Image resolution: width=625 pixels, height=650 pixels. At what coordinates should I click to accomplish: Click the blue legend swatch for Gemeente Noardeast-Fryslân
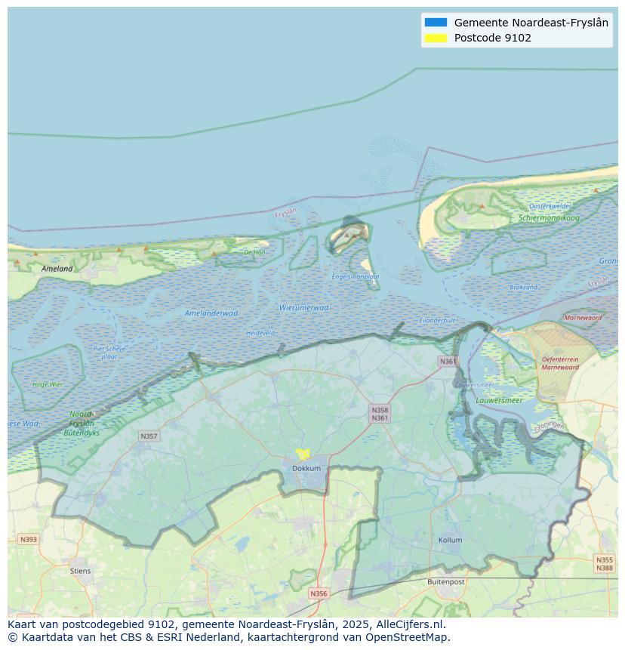click(x=436, y=23)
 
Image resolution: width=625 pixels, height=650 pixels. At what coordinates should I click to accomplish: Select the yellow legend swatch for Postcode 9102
click(x=436, y=38)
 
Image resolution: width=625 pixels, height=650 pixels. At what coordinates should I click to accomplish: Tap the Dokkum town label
click(x=306, y=468)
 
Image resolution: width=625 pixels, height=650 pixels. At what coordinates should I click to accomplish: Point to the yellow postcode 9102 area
click(x=303, y=454)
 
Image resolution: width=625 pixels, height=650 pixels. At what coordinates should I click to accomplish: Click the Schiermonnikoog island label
click(x=549, y=218)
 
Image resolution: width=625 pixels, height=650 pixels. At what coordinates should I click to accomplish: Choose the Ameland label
click(x=57, y=269)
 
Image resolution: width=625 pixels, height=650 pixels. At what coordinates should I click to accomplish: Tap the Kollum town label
click(x=451, y=541)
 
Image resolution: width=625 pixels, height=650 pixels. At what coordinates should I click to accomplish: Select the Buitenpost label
click(x=445, y=582)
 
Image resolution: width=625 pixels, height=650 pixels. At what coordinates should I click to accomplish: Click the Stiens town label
click(x=80, y=571)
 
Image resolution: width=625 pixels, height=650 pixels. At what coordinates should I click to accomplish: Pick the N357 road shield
click(x=149, y=436)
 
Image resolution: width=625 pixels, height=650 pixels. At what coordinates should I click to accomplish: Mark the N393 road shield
click(x=28, y=539)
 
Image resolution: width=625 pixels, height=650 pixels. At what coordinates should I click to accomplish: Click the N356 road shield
click(x=319, y=593)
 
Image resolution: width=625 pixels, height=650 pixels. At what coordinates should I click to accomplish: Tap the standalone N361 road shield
click(x=448, y=362)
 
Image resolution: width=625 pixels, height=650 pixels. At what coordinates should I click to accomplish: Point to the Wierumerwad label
click(x=303, y=308)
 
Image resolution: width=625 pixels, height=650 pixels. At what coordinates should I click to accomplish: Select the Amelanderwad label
click(x=211, y=313)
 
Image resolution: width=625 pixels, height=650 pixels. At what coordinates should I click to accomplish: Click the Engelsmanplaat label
click(x=356, y=277)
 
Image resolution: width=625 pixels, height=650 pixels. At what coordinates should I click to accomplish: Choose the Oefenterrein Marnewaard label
click(x=560, y=364)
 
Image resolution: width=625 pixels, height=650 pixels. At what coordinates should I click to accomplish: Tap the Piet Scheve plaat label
click(x=109, y=353)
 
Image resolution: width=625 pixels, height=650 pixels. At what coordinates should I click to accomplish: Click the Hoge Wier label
click(x=48, y=384)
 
